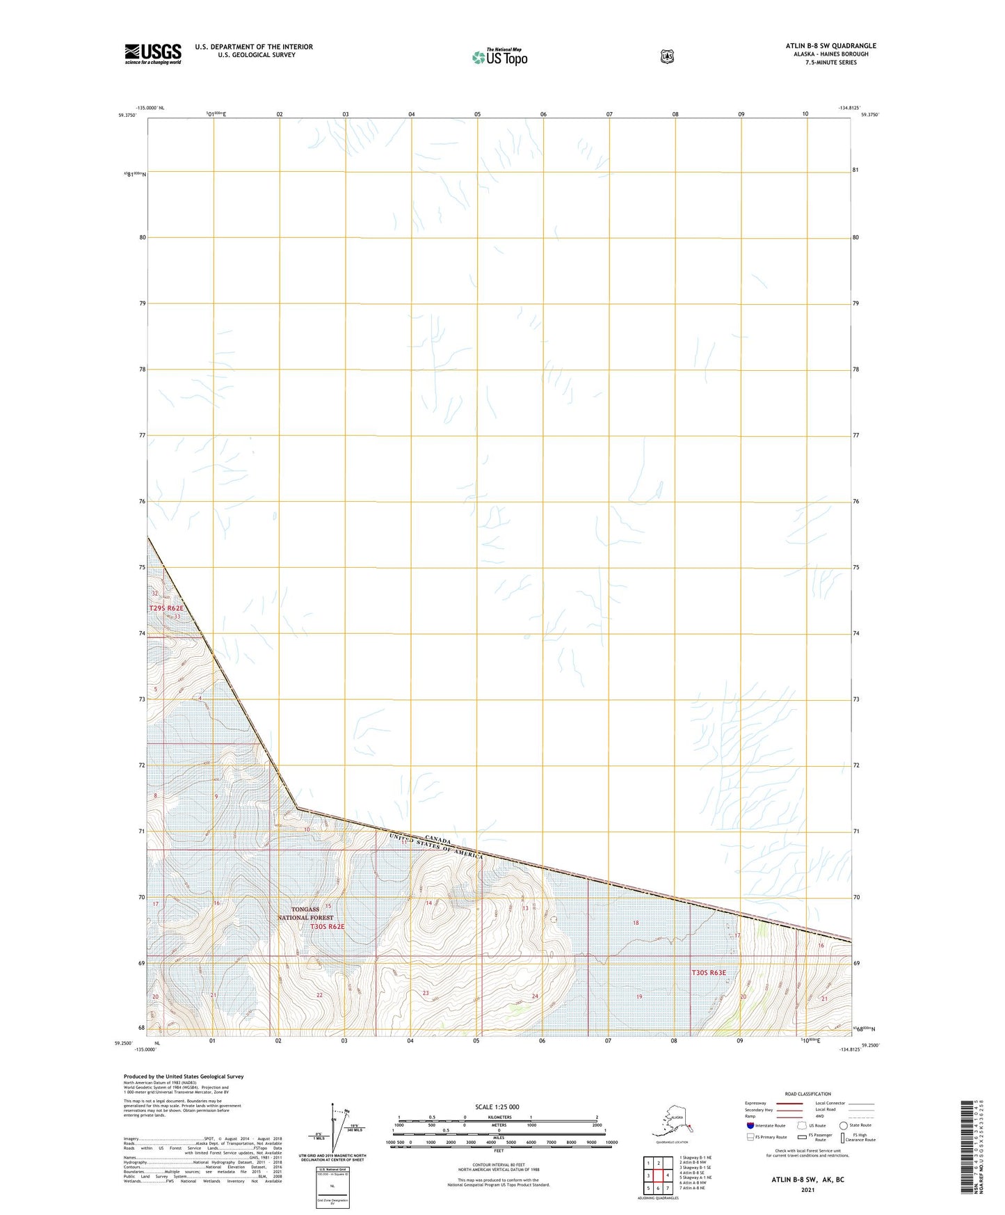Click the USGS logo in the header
pyautogui.click(x=153, y=54)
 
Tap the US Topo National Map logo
pyautogui.click(x=499, y=56)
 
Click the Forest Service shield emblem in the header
pyautogui.click(x=667, y=56)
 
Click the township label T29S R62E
pyautogui.click(x=166, y=608)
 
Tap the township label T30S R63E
pyautogui.click(x=708, y=973)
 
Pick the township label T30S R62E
pyautogui.click(x=327, y=927)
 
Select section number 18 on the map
pyautogui.click(x=635, y=923)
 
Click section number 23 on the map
pyautogui.click(x=426, y=993)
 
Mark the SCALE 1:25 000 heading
pyautogui.click(x=497, y=1106)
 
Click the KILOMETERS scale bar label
pyautogui.click(x=497, y=1117)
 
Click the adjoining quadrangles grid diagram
pyautogui.click(x=657, y=1174)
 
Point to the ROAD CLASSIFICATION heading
pyautogui.click(x=807, y=1094)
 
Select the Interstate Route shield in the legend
pyautogui.click(x=750, y=1125)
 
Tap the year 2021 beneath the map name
pyautogui.click(x=807, y=1189)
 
